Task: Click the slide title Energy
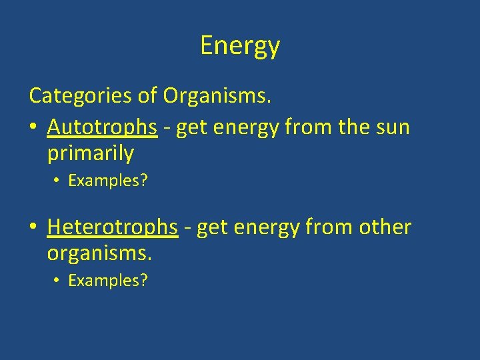tap(240, 46)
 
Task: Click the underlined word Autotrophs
tap(103, 127)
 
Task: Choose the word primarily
tap(91, 153)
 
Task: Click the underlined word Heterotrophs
tap(113, 227)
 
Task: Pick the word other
tap(386, 227)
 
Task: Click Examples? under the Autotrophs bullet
tap(108, 181)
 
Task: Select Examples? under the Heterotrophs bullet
tap(108, 281)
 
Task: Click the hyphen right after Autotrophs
tap(167, 128)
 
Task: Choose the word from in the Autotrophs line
tap(305, 127)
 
